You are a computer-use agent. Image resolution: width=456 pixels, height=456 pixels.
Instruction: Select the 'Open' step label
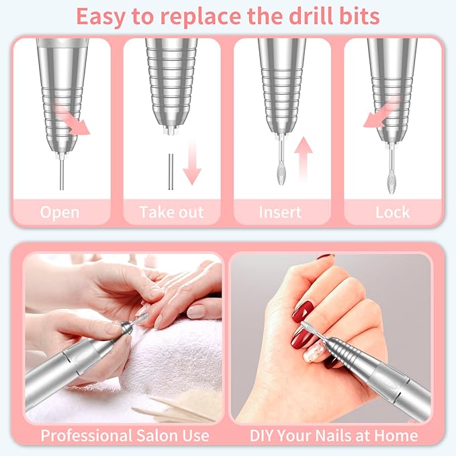pos(60,212)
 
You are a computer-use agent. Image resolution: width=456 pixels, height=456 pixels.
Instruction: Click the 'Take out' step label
pos(171,212)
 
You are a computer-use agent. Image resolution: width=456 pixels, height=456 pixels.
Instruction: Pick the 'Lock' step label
pos(393,212)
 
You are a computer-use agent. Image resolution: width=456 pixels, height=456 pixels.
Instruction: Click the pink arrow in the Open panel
pos(75,121)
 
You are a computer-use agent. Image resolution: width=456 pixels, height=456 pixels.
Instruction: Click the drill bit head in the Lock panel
pos(392,182)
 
